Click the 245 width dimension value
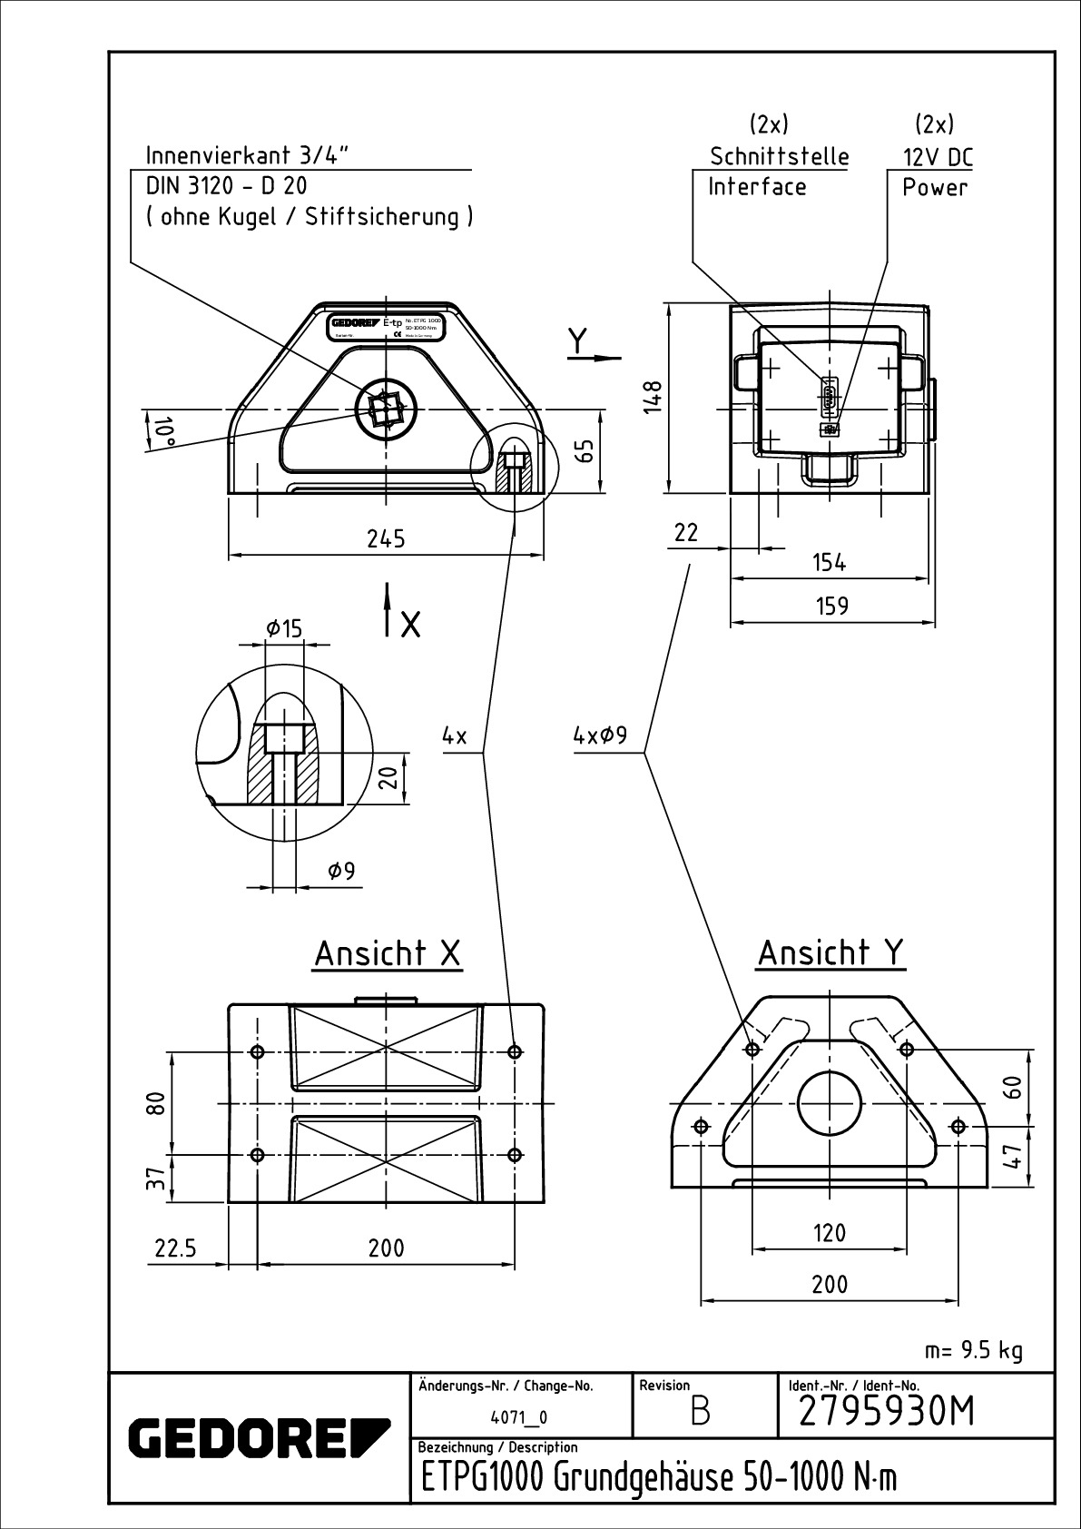point(386,538)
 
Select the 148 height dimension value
point(653,397)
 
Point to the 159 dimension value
point(831,606)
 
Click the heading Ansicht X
point(388,953)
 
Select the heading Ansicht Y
point(830,952)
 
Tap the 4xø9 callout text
point(600,735)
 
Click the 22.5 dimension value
point(175,1248)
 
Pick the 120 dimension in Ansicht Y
point(830,1233)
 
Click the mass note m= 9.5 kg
point(974,1351)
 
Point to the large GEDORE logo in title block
point(259,1435)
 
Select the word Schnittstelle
point(780,157)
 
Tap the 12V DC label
point(937,157)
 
